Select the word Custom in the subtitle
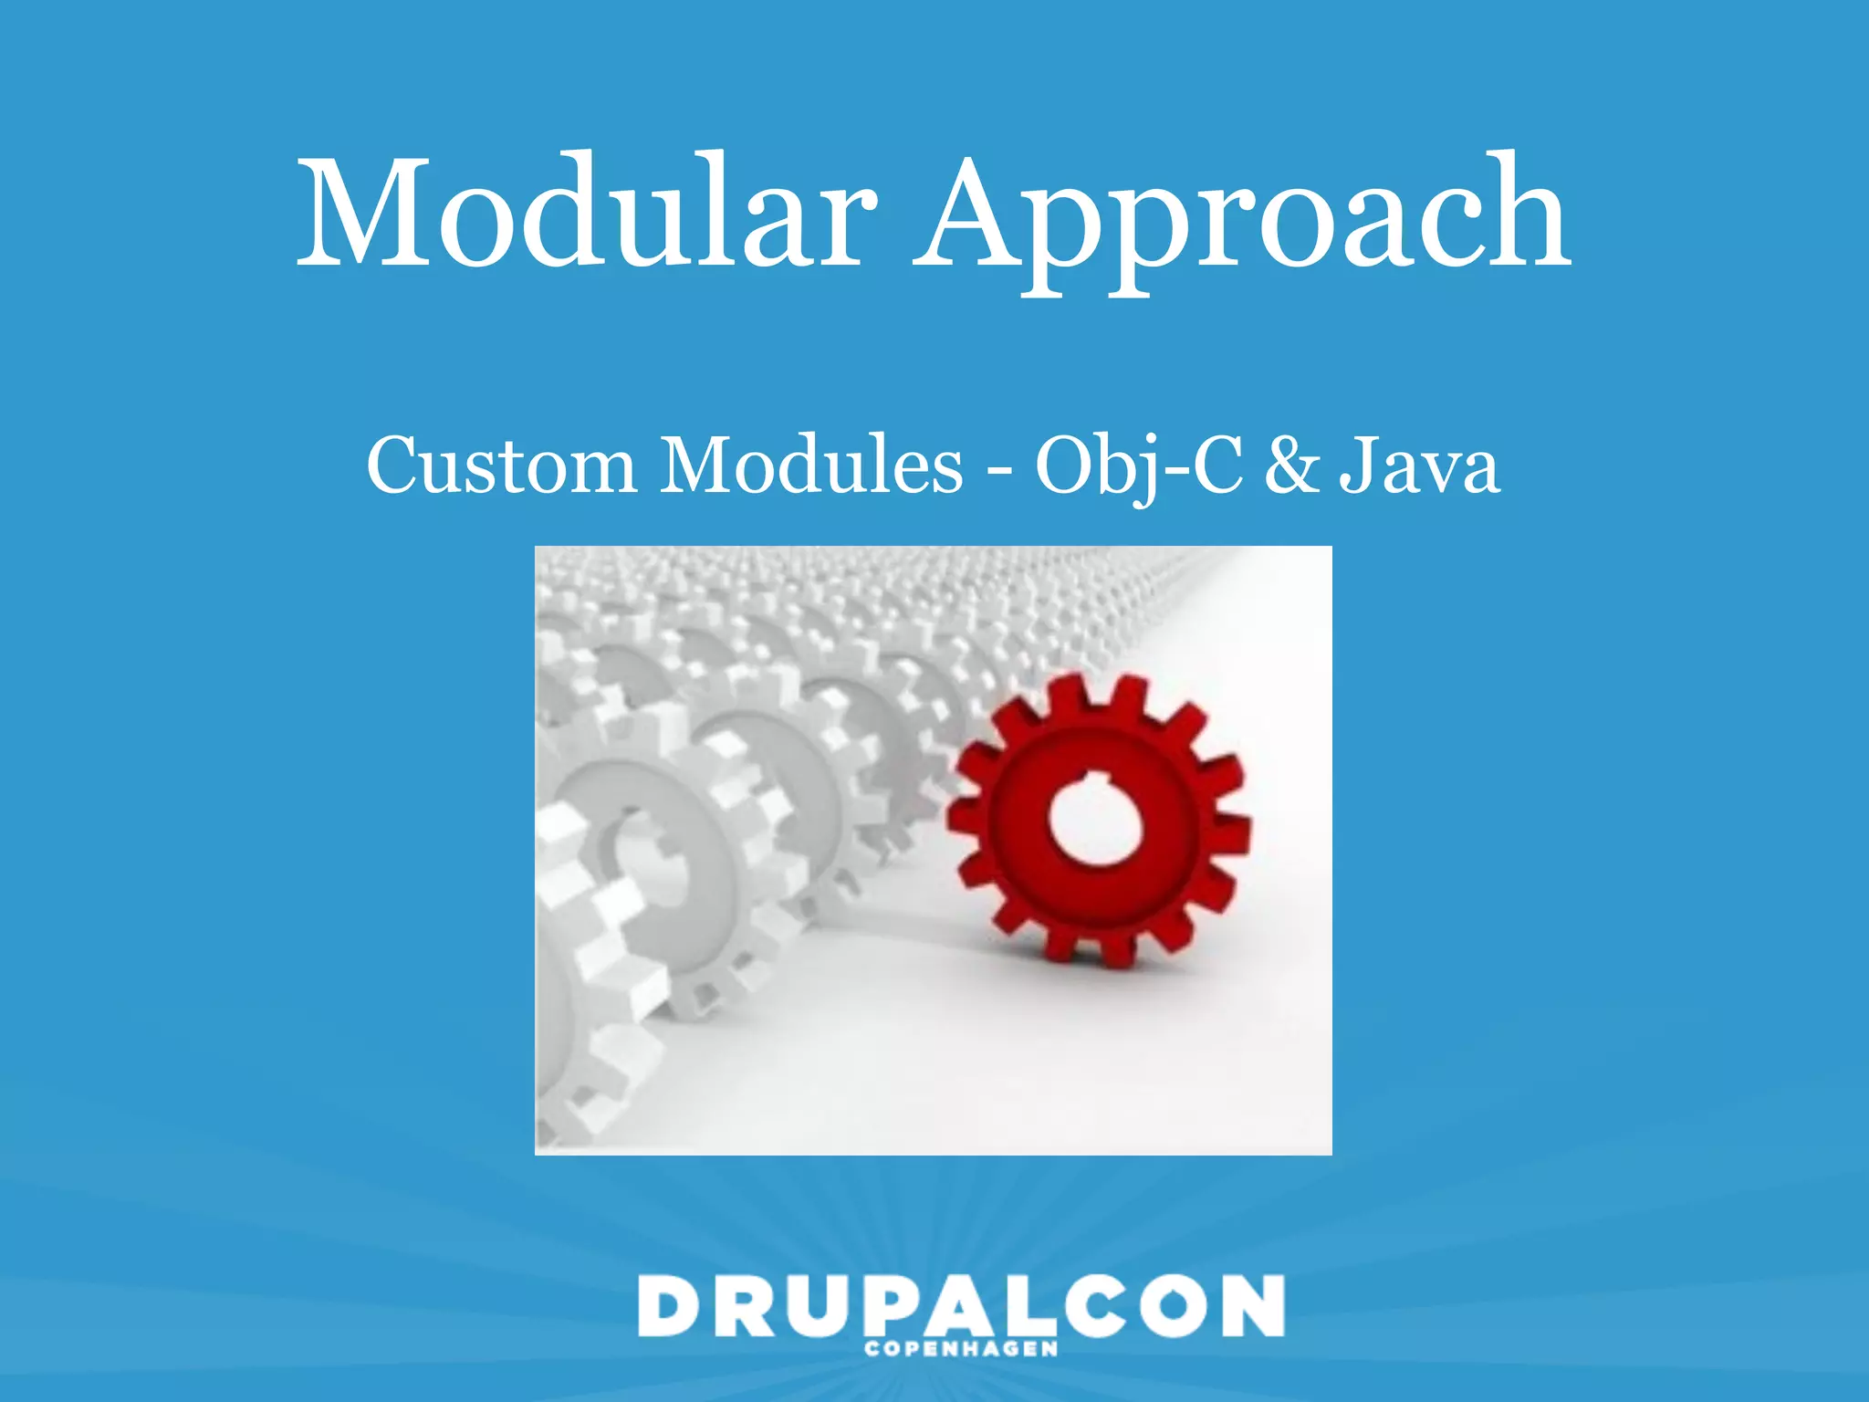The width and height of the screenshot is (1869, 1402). pos(500,466)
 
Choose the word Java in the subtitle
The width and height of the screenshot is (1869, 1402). pos(1419,466)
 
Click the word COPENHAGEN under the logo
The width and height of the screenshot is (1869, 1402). pos(960,1349)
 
